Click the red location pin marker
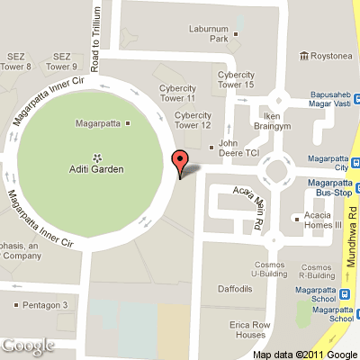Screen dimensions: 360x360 click(180, 162)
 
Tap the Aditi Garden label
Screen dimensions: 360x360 click(96, 169)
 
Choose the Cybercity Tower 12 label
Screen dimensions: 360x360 click(192, 120)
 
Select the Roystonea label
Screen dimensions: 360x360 click(332, 56)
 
